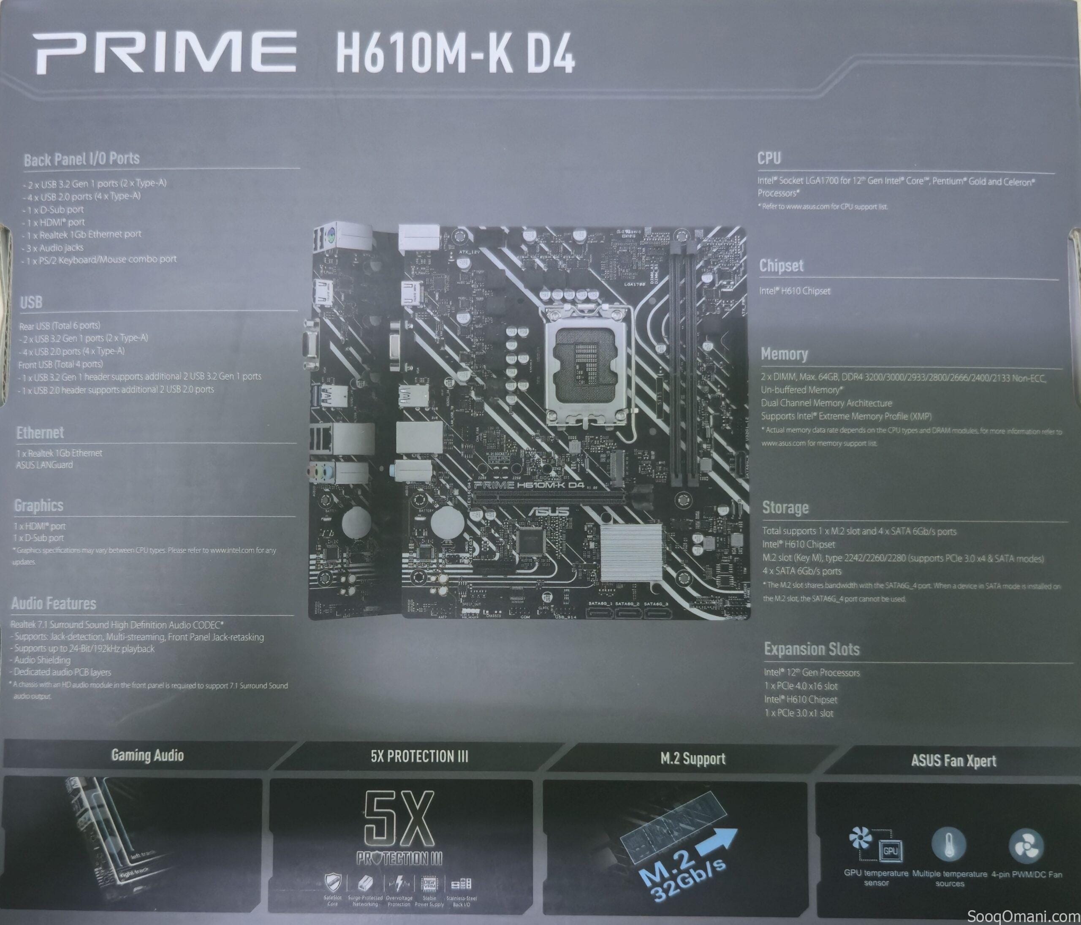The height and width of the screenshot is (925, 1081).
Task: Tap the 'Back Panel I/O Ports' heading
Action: pyautogui.click(x=82, y=159)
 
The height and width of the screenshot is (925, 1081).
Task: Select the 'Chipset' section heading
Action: pyautogui.click(x=781, y=266)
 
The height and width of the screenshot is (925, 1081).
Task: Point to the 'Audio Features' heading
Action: pyautogui.click(x=54, y=604)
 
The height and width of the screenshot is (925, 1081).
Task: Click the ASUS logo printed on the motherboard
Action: pyautogui.click(x=549, y=511)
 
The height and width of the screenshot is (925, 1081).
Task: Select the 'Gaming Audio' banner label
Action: pyautogui.click(x=148, y=755)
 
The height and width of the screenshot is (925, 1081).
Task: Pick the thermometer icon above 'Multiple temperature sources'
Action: pyautogui.click(x=948, y=845)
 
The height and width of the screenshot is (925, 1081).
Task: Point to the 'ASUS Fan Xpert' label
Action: pyautogui.click(x=954, y=761)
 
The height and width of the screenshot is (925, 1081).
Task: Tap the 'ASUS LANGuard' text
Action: pyautogui.click(x=44, y=465)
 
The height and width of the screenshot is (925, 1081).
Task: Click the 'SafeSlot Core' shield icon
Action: pyautogui.click(x=333, y=883)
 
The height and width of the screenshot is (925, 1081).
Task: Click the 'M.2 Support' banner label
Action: pyautogui.click(x=693, y=759)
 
